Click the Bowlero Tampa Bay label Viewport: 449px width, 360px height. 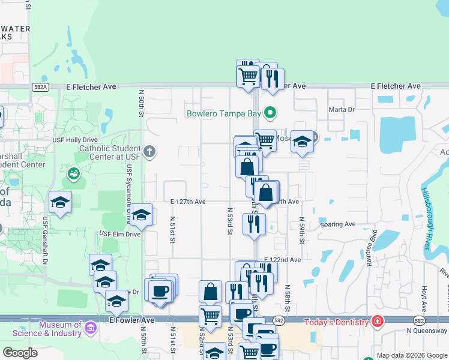click(224, 113)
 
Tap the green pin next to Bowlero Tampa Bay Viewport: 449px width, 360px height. click(270, 112)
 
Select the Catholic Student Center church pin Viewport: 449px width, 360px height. click(149, 152)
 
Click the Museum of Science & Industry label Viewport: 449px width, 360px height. click(60, 329)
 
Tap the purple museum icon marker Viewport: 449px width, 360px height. click(90, 328)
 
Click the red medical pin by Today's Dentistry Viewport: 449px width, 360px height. click(376, 322)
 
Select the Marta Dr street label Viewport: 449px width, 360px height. click(342, 110)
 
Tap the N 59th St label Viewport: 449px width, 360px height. click(303, 230)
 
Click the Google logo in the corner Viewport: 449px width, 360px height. click(20, 353)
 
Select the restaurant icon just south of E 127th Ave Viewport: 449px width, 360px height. click(253, 224)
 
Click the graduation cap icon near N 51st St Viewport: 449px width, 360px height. click(140, 215)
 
